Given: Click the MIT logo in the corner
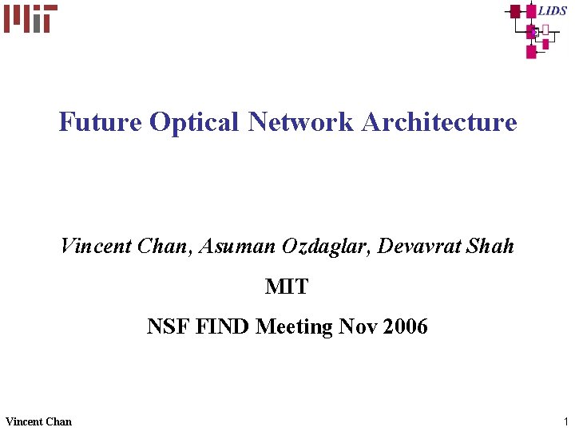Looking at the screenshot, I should point(30,18).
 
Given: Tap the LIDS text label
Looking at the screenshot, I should point(553,10).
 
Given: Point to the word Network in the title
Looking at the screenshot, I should point(300,122).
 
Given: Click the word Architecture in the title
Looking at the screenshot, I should point(439,122).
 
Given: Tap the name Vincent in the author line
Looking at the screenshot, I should point(95,247).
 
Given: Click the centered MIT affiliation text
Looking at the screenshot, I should point(287,287).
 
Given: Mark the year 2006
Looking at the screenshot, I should point(405,326).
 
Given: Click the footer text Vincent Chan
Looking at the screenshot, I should point(38,421).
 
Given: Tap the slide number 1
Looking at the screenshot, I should point(565,421).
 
